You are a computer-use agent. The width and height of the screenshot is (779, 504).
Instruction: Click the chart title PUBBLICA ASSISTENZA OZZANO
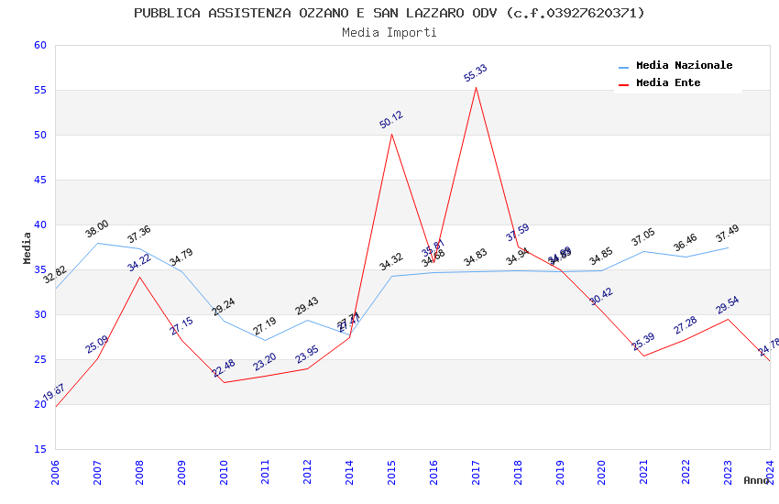(389, 13)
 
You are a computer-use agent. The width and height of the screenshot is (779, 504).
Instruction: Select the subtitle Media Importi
(389, 32)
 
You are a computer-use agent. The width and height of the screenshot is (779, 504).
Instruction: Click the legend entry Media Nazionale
(684, 66)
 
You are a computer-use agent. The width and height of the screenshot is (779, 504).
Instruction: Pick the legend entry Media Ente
(668, 83)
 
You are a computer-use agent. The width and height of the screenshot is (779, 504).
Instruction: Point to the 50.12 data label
(391, 120)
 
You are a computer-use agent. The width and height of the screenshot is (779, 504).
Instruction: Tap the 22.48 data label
(224, 368)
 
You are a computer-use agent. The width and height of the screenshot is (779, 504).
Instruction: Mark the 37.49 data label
(728, 234)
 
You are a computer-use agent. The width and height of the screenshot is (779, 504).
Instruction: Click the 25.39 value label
(643, 342)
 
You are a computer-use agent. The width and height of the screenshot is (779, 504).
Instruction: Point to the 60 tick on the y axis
(38, 46)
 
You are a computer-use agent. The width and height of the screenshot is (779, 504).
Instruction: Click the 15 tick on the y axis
(38, 450)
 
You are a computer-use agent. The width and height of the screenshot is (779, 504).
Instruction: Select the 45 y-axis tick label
(38, 181)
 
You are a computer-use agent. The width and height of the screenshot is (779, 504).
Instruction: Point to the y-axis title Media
(27, 247)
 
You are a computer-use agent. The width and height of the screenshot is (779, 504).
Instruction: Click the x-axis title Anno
(756, 480)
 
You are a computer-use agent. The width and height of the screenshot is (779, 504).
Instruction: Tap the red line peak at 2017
(476, 88)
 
